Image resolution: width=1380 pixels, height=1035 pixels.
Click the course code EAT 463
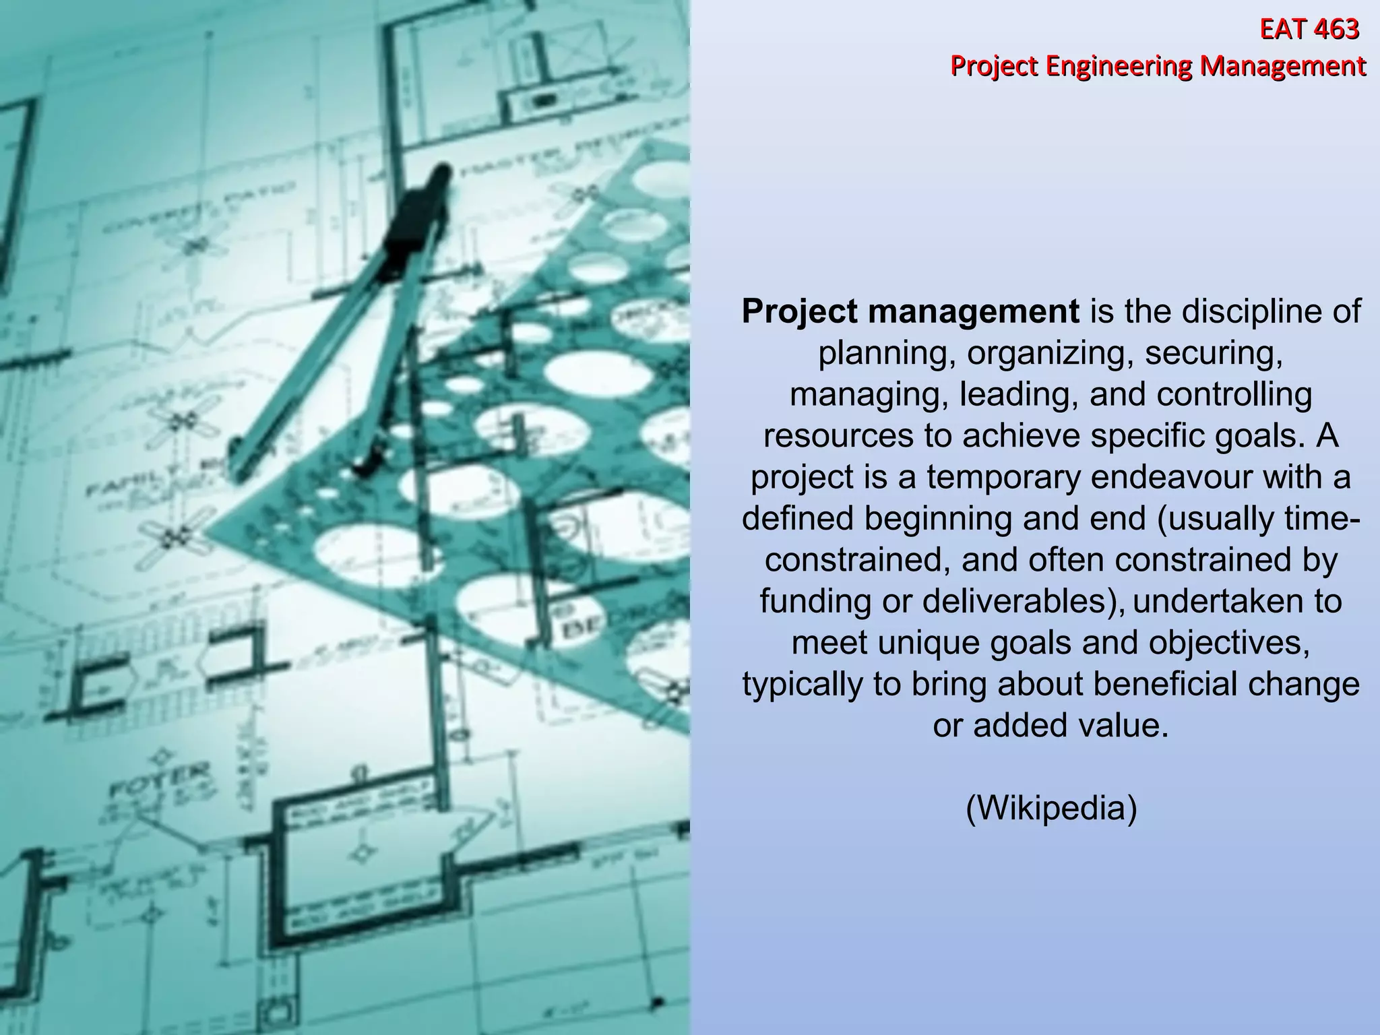pos(1309,30)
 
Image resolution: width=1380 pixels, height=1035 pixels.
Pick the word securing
pos(1213,353)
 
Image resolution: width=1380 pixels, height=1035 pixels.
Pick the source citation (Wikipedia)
pos(1051,808)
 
